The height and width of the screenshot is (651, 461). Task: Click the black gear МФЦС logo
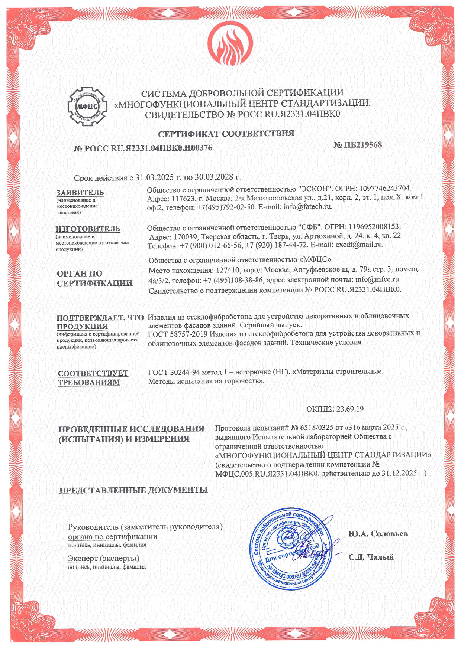pyautogui.click(x=87, y=107)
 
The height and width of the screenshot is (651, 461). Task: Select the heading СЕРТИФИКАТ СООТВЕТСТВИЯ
pyautogui.click(x=226, y=134)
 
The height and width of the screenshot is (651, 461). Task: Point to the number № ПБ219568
pyautogui.click(x=358, y=145)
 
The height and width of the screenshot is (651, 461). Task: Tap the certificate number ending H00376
pyautogui.click(x=143, y=148)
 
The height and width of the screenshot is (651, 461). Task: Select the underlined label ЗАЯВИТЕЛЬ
pyautogui.click(x=80, y=193)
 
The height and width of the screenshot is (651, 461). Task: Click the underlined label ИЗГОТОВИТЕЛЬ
pyautogui.click(x=88, y=229)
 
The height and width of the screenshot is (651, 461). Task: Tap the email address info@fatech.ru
pyautogui.click(x=308, y=207)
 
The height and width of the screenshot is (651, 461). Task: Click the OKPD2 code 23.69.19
pyautogui.click(x=350, y=409)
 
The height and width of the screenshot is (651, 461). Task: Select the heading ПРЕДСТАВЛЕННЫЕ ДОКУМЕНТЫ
pyautogui.click(x=133, y=490)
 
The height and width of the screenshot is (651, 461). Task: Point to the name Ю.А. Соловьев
pyautogui.click(x=378, y=534)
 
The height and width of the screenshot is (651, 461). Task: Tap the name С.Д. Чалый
pyautogui.click(x=371, y=557)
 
